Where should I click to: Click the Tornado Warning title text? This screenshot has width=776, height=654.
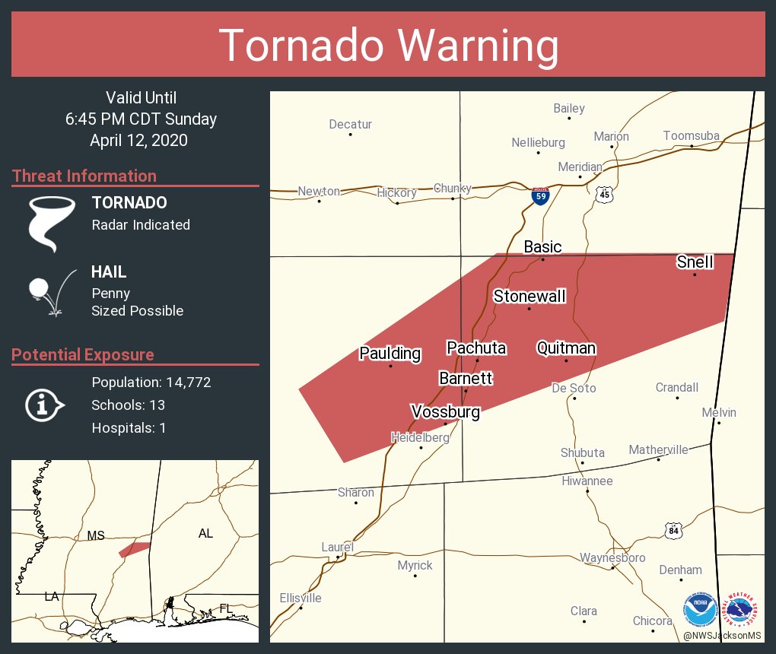(x=388, y=45)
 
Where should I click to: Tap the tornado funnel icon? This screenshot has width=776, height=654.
(x=52, y=223)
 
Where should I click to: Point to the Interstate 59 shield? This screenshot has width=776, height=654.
(x=540, y=195)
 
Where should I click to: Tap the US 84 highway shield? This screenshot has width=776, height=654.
(x=673, y=531)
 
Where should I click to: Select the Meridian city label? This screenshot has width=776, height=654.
(x=580, y=167)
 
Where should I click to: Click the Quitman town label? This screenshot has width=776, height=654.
(x=566, y=348)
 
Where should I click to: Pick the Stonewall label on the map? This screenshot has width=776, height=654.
(x=530, y=296)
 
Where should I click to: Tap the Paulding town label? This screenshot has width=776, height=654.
(x=390, y=353)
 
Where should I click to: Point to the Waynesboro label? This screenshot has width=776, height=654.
(x=612, y=557)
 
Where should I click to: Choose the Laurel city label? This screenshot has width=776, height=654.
(x=337, y=547)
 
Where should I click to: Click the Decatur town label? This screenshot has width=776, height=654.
(x=350, y=124)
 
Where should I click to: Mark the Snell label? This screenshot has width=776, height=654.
(x=695, y=262)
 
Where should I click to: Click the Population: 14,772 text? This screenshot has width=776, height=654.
(x=151, y=382)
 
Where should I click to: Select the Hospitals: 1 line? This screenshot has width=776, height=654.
(x=129, y=427)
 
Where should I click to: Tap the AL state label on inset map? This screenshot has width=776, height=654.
(x=205, y=533)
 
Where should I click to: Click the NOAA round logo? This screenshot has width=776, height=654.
(x=700, y=609)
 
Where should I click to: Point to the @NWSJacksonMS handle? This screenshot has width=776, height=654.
(x=721, y=635)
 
